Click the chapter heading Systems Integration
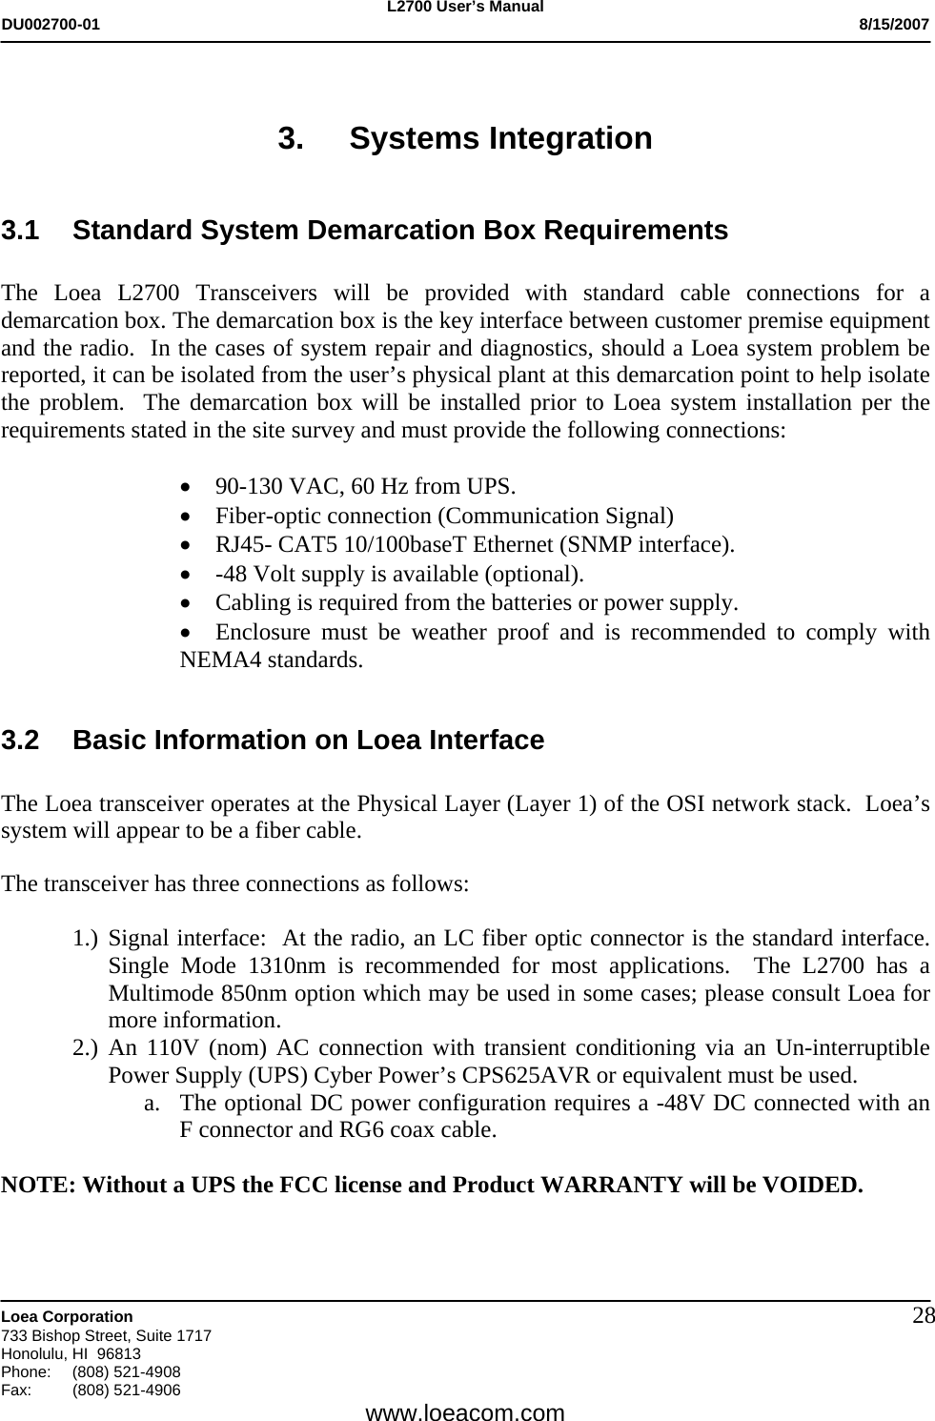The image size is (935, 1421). tap(500, 138)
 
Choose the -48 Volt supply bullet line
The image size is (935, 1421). tap(399, 574)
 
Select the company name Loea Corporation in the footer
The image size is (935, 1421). tap(68, 1316)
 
